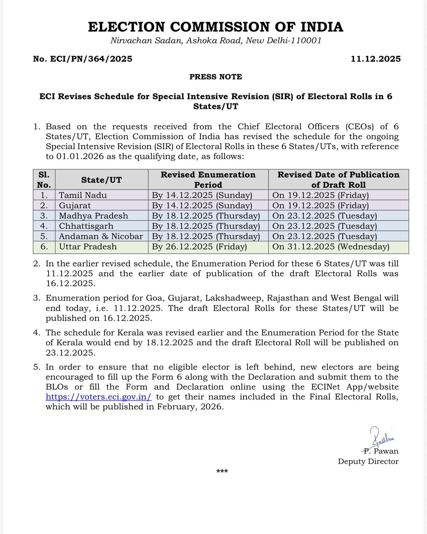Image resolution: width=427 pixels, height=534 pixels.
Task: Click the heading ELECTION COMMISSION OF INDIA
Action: coord(215,27)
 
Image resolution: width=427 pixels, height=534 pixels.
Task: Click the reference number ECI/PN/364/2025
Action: coord(82,59)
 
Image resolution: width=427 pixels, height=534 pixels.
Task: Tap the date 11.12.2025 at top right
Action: coord(376,59)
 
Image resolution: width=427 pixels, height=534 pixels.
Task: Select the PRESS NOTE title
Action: coord(216,77)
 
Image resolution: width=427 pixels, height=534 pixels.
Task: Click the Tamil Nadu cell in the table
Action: coord(83,195)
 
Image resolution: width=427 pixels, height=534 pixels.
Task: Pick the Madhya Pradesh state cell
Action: coord(93,216)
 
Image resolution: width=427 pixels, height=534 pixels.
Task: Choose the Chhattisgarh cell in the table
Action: coord(86,226)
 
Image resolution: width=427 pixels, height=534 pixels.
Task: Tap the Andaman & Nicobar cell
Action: coord(101,236)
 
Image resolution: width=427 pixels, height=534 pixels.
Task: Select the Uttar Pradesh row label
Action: coord(88,246)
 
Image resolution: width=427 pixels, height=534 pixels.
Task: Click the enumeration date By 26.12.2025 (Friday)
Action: coord(199,246)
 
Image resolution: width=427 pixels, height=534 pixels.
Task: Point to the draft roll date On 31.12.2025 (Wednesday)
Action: coord(331,246)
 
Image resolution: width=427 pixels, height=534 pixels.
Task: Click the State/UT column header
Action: coord(101,180)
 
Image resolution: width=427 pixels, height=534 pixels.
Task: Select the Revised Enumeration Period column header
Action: coord(208,180)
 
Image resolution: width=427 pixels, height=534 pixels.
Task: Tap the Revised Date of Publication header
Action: coord(338,180)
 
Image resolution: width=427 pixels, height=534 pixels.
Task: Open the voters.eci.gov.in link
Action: coord(99,397)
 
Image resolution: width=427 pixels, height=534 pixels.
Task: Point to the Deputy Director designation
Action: coord(368,461)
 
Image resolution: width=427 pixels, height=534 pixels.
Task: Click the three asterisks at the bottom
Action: coord(222,471)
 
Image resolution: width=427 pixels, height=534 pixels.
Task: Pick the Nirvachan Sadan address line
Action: coord(216,40)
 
